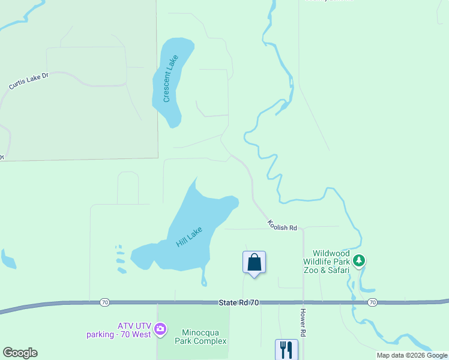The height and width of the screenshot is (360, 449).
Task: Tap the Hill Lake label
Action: click(x=189, y=236)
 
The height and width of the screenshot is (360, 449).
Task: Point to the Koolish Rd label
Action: click(x=283, y=226)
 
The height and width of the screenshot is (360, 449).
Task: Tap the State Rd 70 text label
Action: click(x=239, y=303)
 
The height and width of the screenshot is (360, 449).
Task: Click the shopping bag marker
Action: click(x=254, y=262)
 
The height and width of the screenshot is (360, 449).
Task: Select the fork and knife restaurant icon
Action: click(x=286, y=349)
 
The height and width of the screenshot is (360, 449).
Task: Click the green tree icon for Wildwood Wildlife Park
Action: click(x=359, y=260)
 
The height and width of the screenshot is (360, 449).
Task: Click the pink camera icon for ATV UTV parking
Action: click(x=160, y=328)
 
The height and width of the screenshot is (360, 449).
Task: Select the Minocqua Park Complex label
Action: click(x=200, y=336)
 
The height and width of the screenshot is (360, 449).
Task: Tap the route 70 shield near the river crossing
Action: click(x=372, y=301)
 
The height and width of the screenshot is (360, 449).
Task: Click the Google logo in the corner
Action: click(x=20, y=353)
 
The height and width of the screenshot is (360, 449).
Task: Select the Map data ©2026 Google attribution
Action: click(x=412, y=355)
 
